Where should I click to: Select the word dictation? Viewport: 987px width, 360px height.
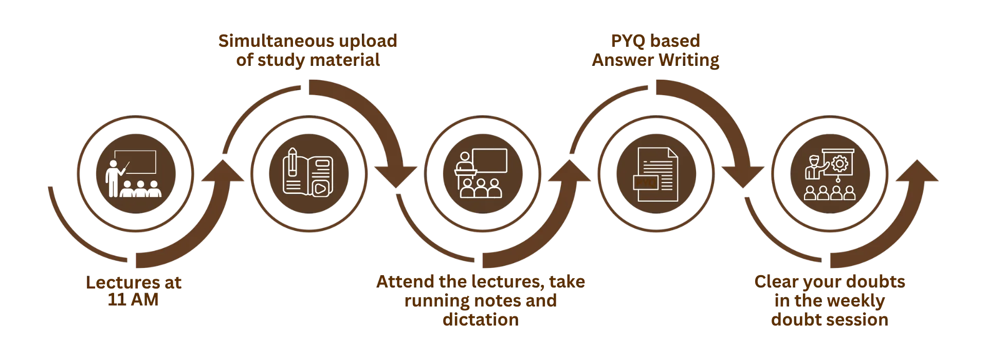[x=480, y=320]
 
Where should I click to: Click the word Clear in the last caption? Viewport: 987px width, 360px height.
[x=779, y=282]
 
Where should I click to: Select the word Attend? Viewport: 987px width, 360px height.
[x=406, y=282]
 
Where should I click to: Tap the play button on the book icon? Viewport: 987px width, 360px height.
[x=319, y=188]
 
